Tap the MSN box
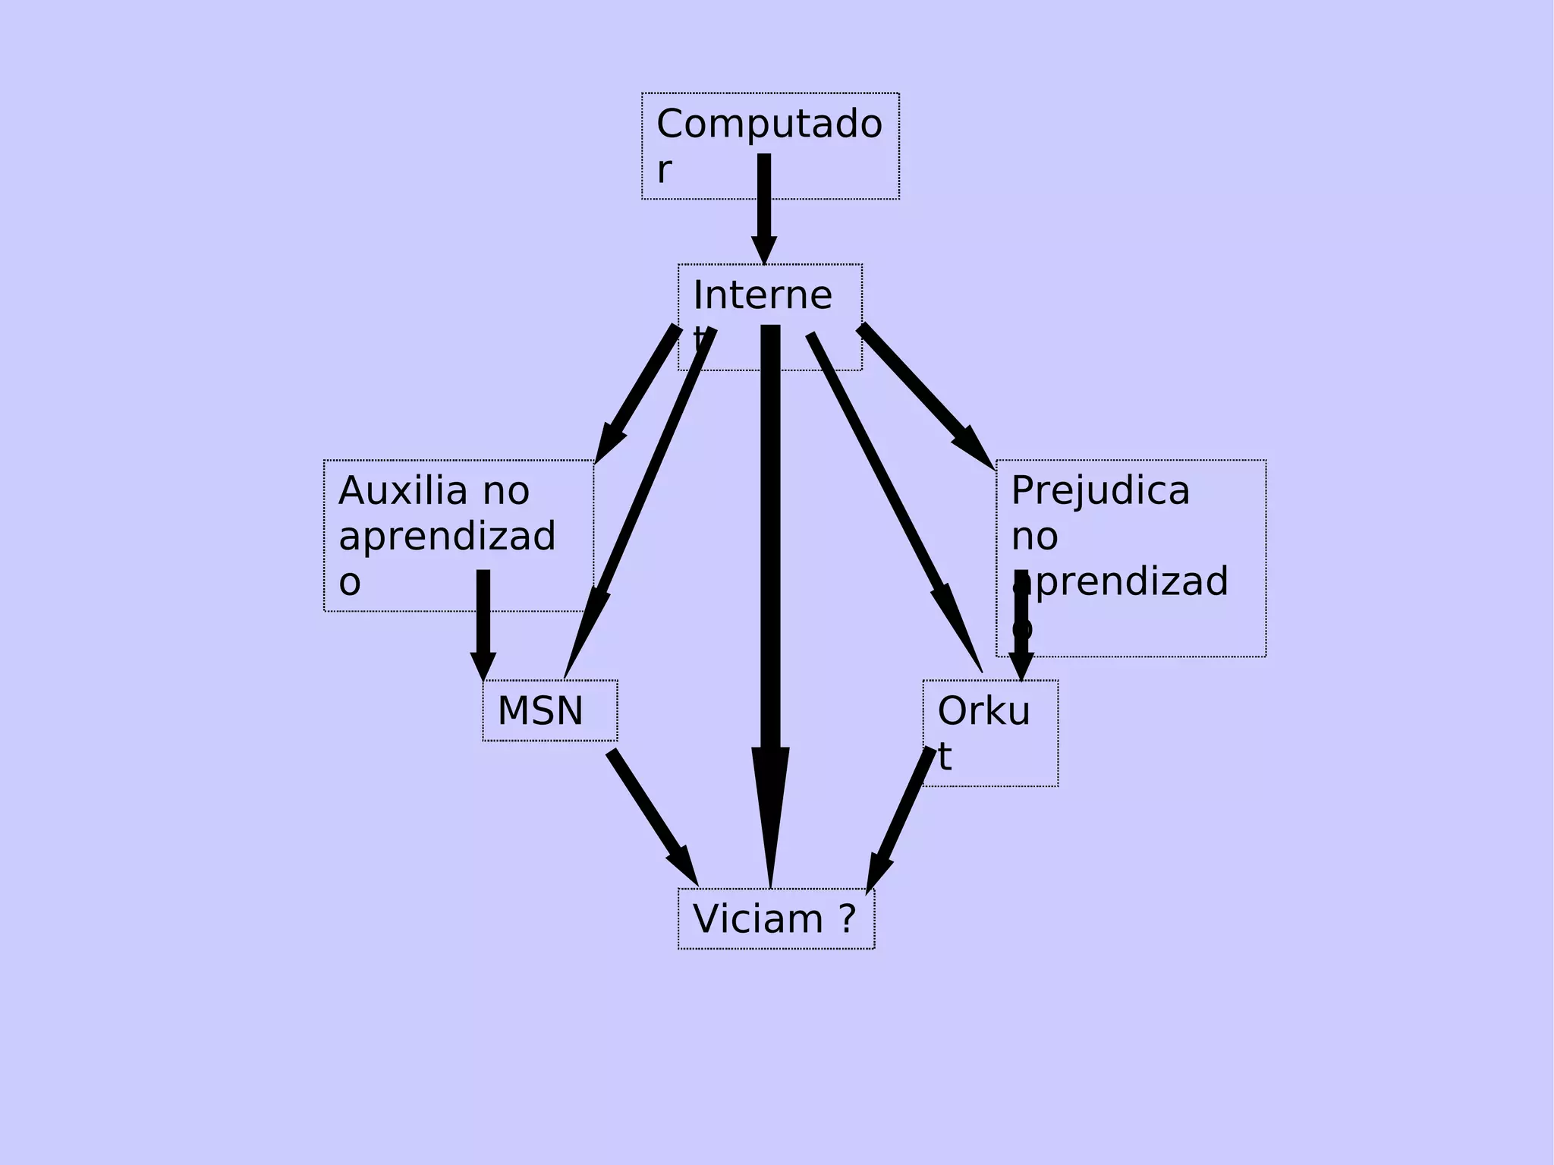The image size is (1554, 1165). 549,711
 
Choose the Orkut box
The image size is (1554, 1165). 989,732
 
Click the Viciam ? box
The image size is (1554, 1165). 775,919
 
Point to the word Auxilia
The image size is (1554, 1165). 402,491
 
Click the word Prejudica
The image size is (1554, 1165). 1100,491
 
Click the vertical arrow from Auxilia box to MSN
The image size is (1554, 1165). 483,622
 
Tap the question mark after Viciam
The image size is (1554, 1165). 848,919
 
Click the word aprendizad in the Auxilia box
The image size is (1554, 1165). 447,537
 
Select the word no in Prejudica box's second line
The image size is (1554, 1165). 1034,537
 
